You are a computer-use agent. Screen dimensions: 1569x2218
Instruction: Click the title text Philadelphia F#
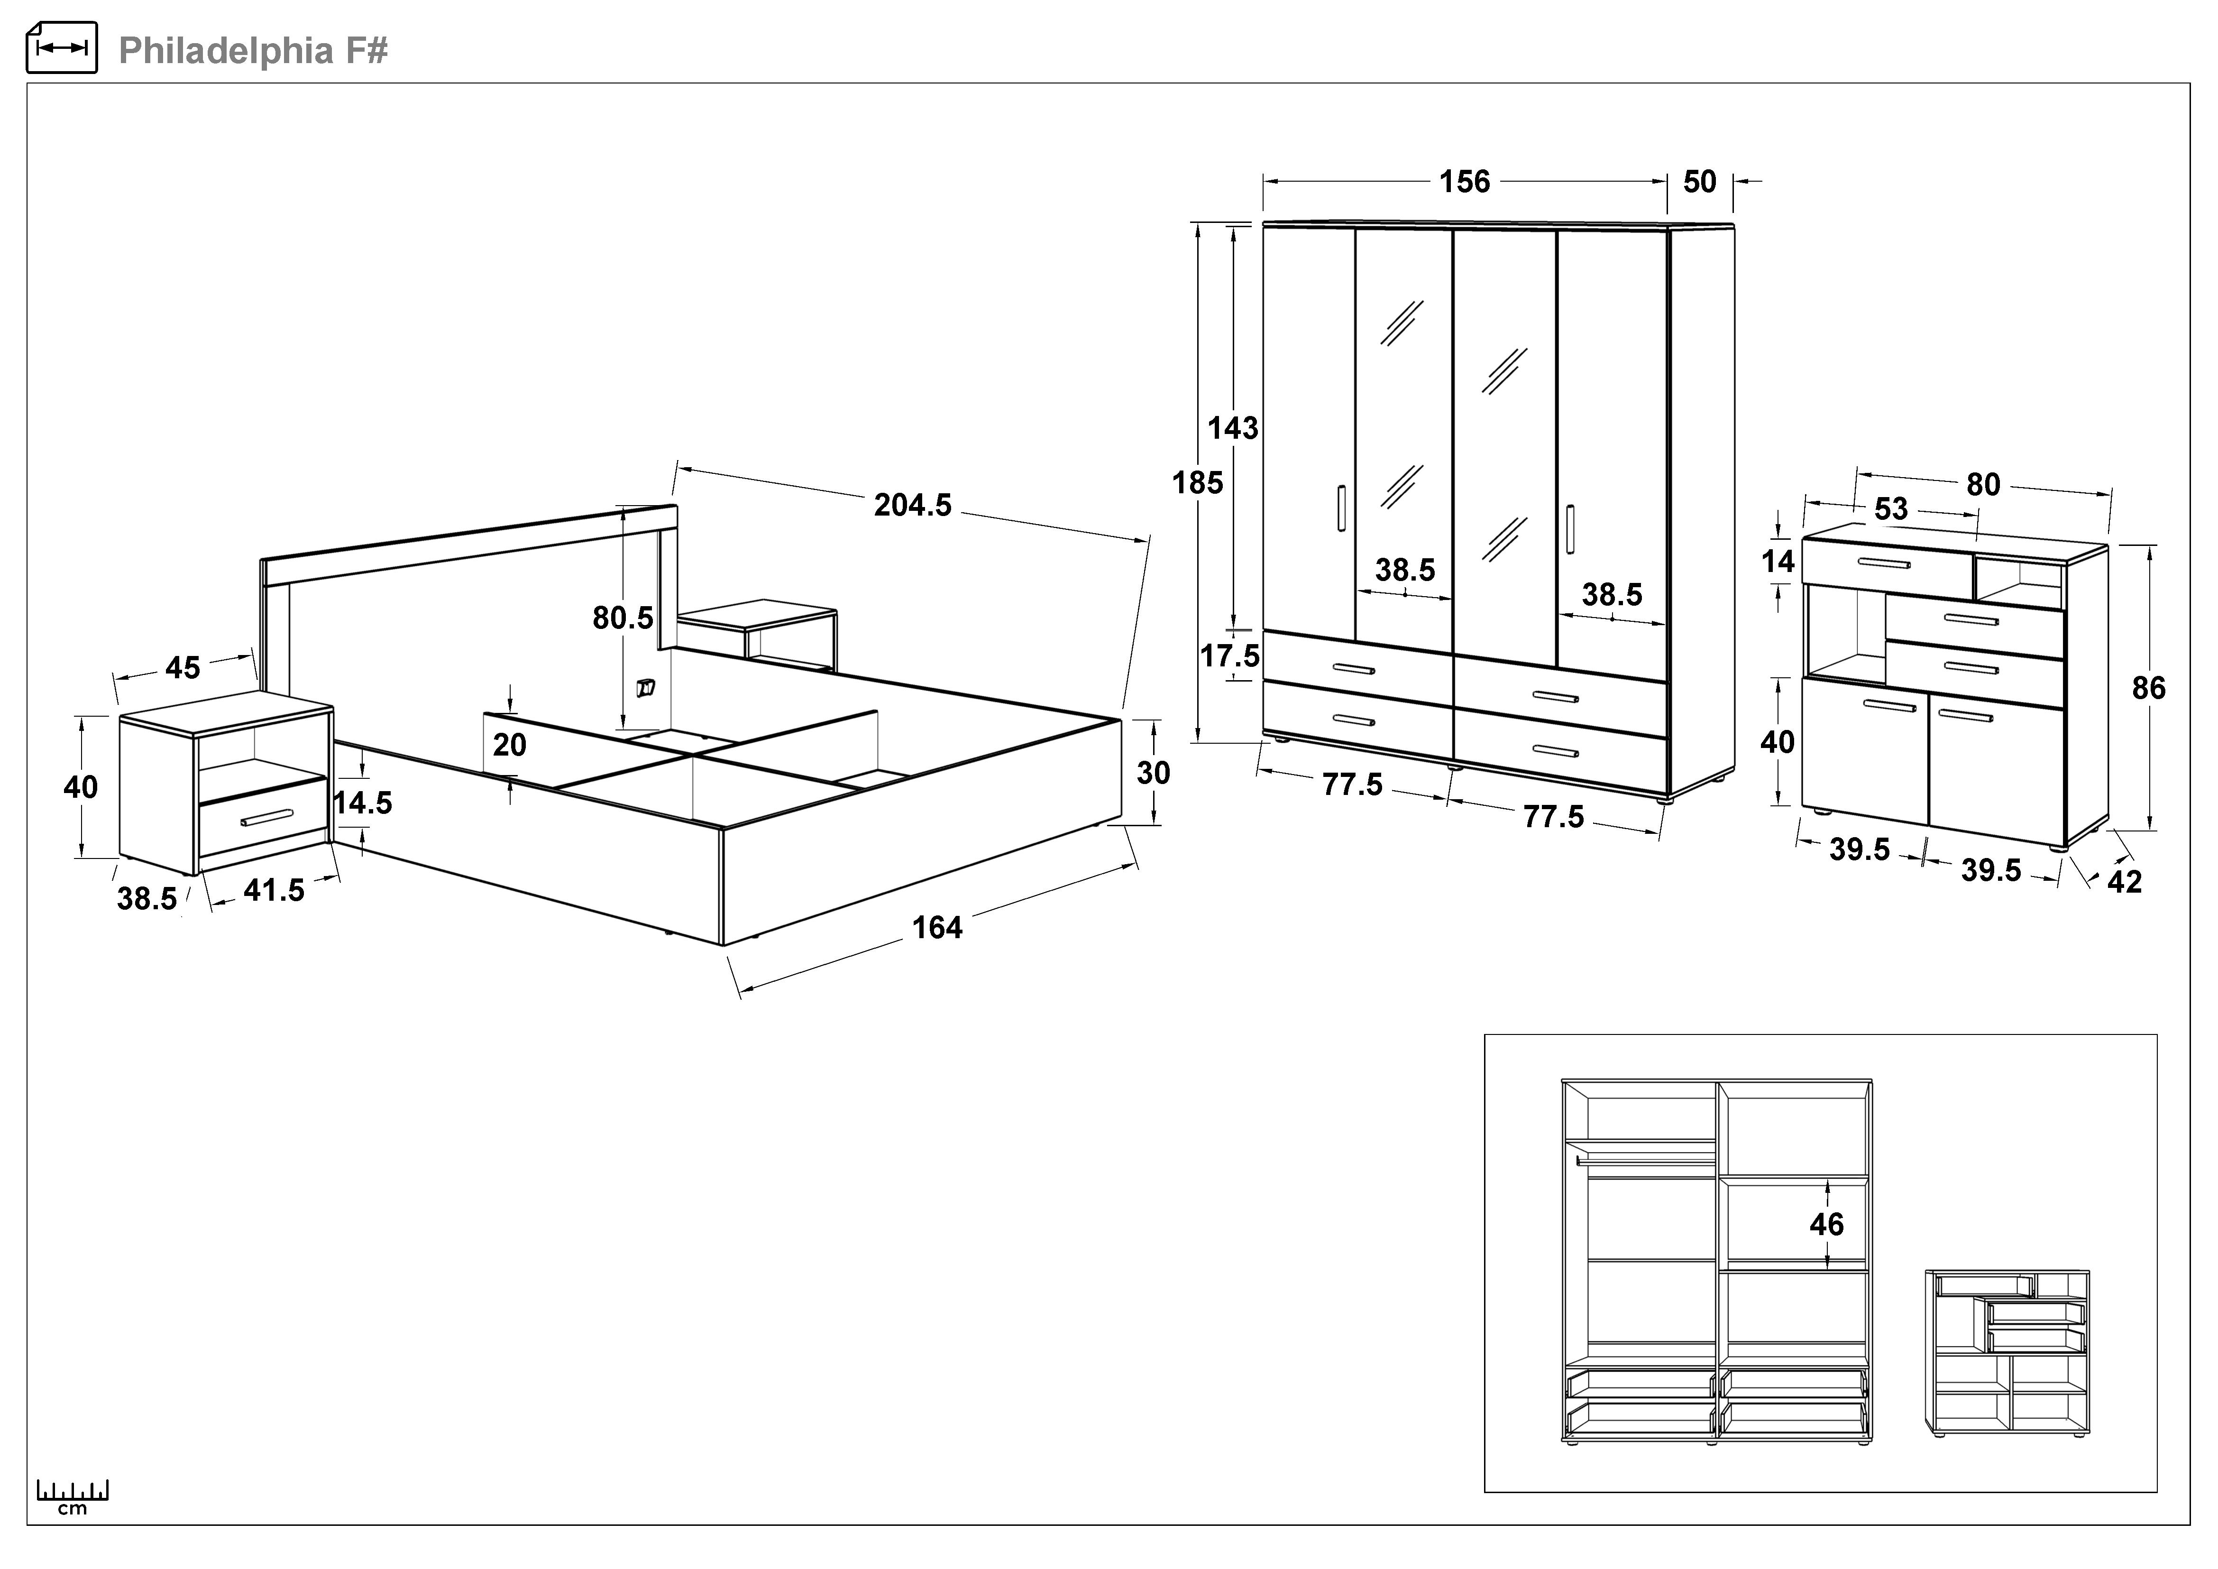pyautogui.click(x=253, y=50)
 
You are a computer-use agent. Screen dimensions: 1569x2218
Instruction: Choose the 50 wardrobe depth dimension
pyautogui.click(x=1699, y=182)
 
